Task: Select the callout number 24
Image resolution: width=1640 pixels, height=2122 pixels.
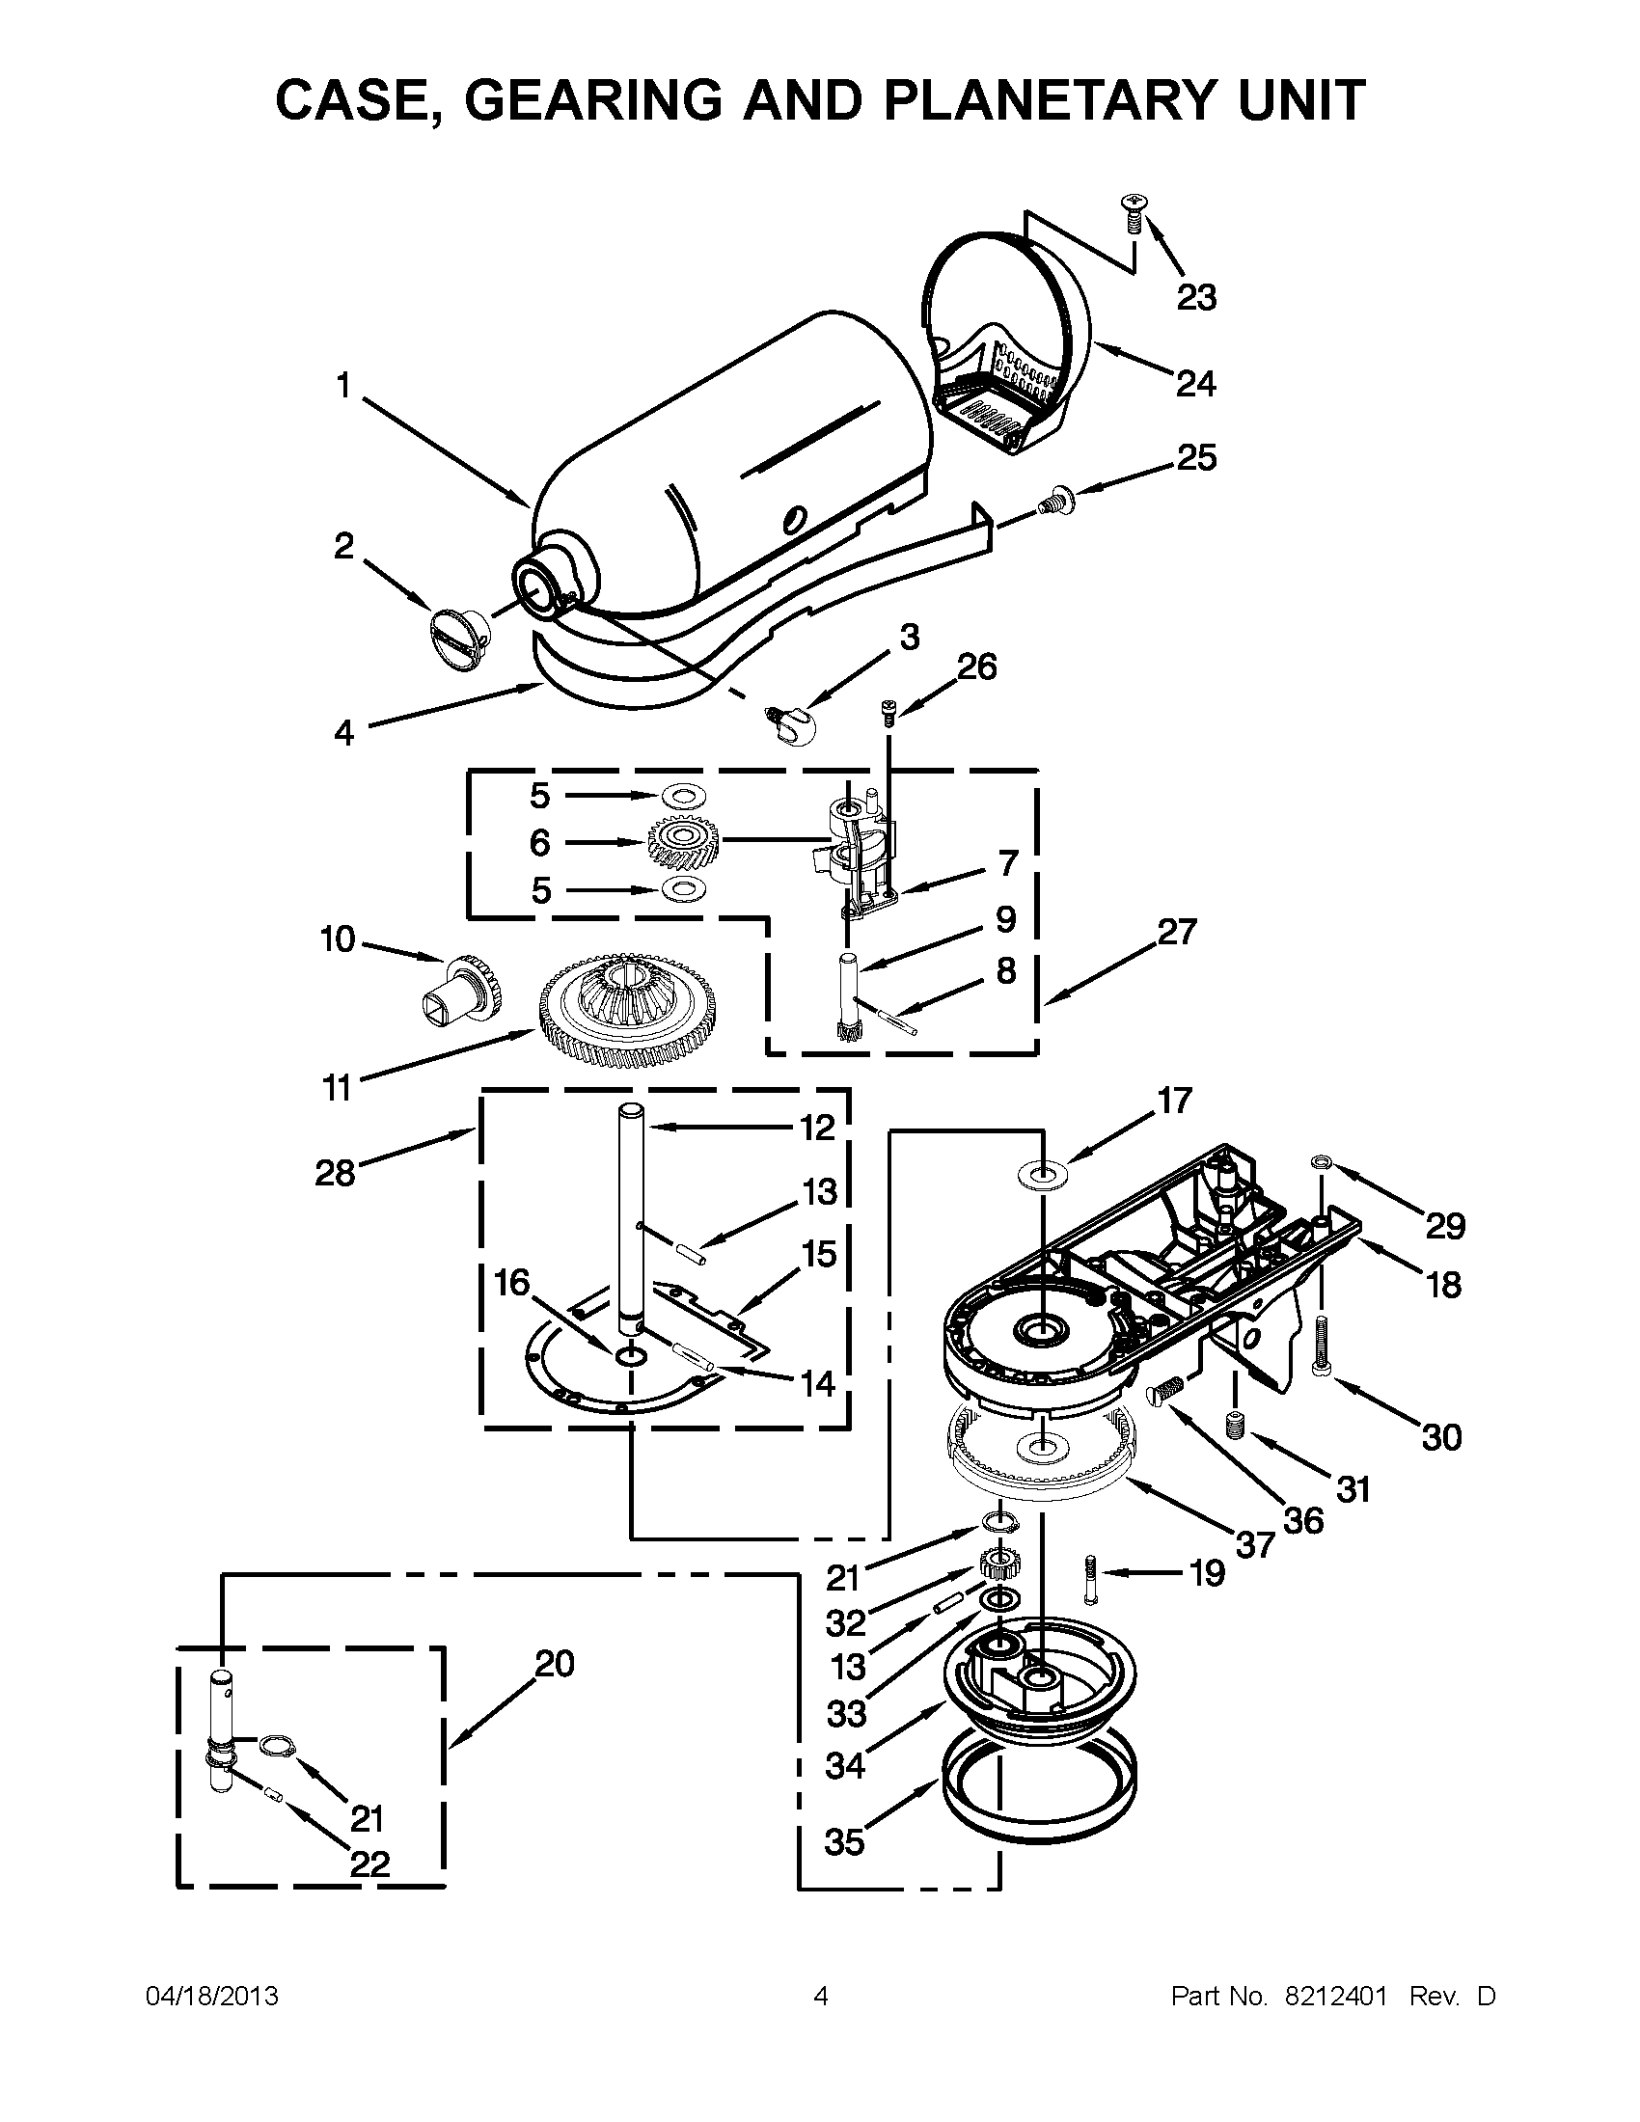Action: click(x=1195, y=384)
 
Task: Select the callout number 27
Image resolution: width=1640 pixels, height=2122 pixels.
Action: click(x=1177, y=932)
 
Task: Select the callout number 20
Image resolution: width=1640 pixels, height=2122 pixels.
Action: click(x=554, y=1665)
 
